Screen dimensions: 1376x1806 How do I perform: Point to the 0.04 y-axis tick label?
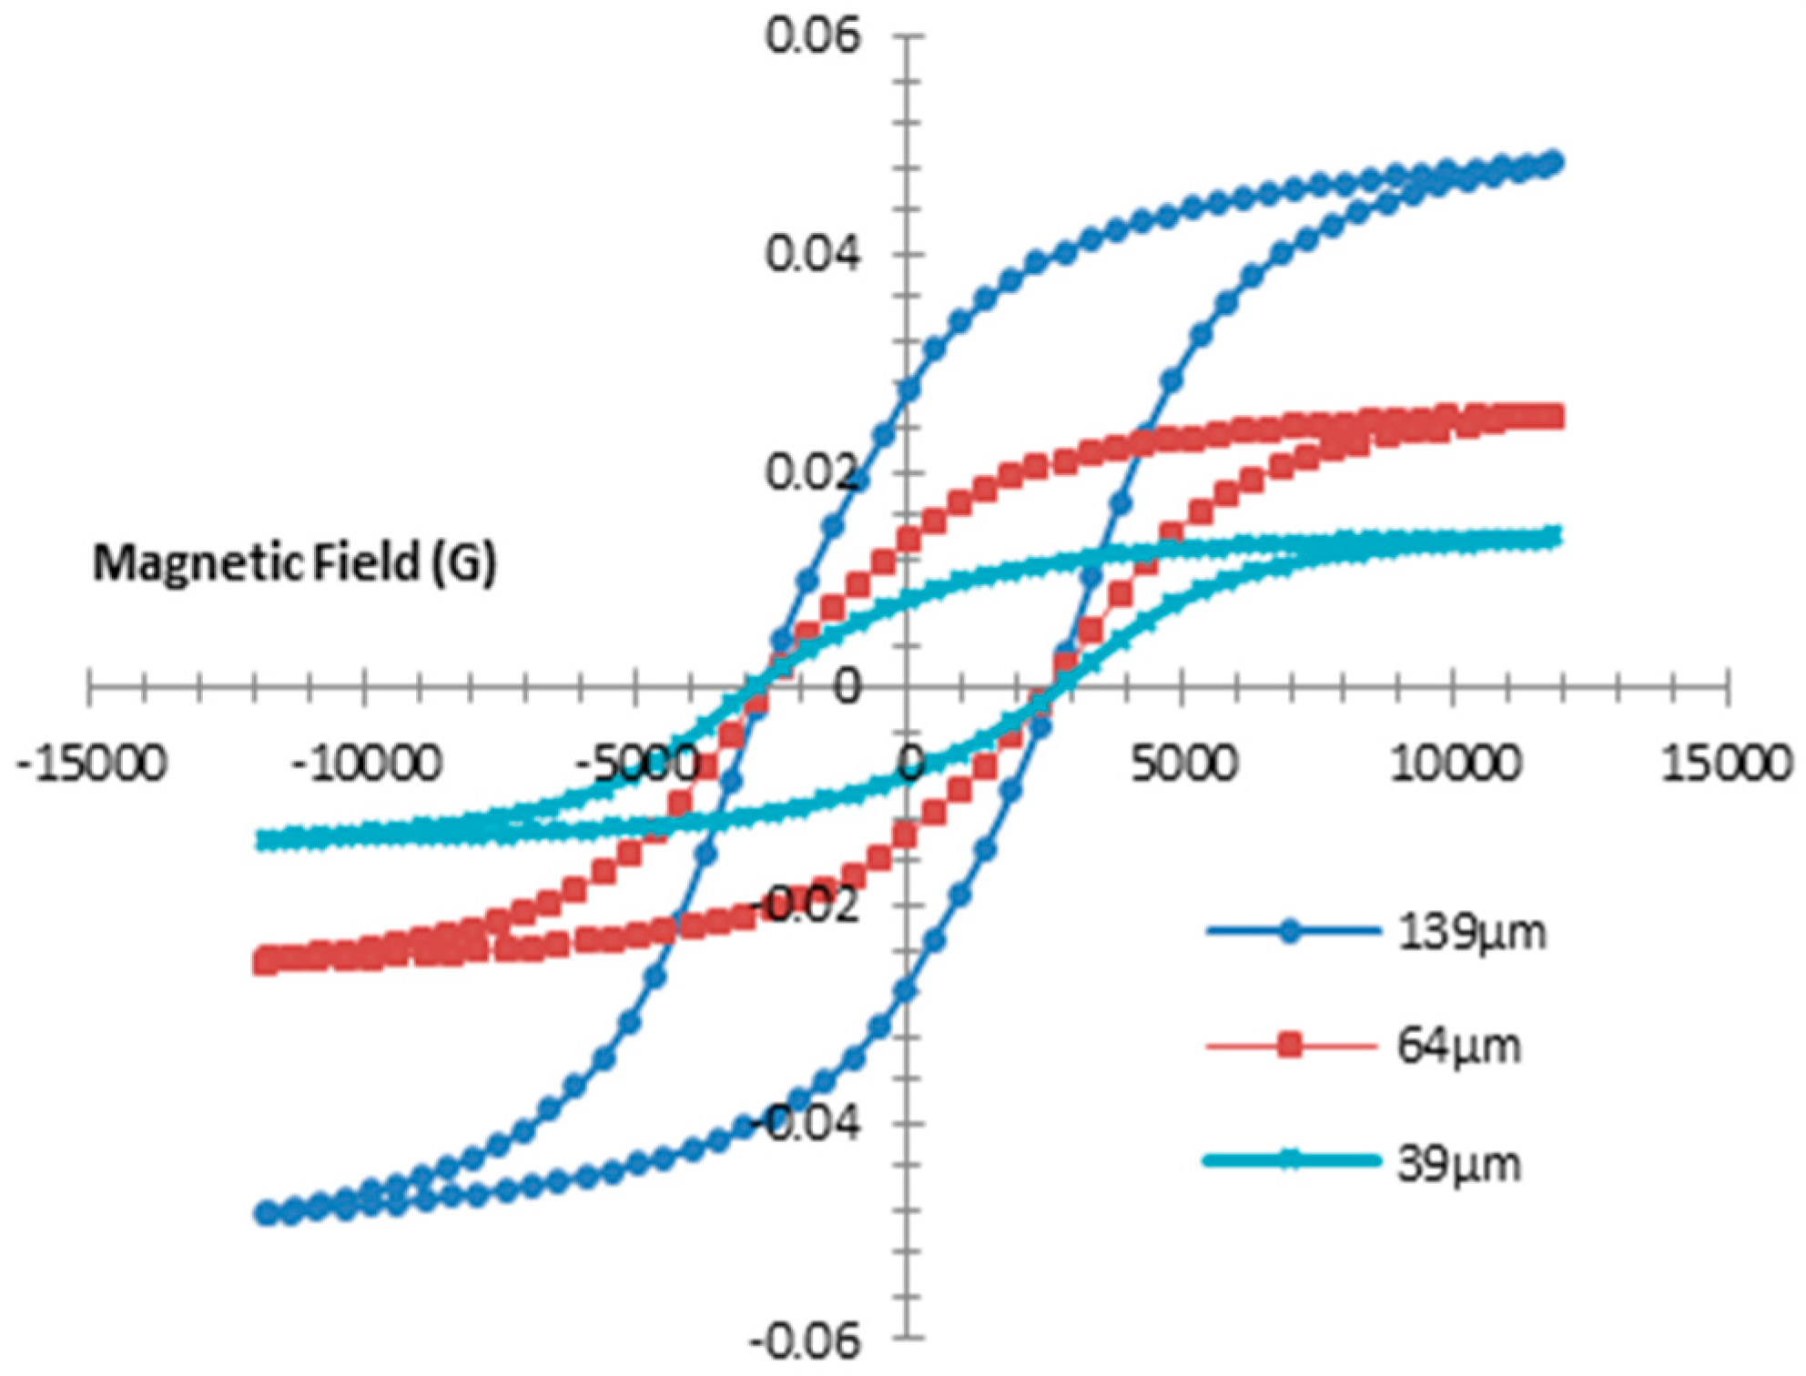click(x=812, y=254)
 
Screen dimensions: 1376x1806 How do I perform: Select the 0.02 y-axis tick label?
click(x=812, y=471)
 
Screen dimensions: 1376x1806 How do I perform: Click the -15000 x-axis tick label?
click(x=91, y=763)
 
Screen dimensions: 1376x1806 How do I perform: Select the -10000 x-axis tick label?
click(x=366, y=763)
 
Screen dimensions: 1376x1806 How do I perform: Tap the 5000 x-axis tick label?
click(x=1183, y=763)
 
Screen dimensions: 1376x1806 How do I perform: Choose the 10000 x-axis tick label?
click(x=1456, y=763)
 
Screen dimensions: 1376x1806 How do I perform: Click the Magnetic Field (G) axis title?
click(x=294, y=562)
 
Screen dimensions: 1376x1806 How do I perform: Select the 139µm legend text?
click(x=1471, y=932)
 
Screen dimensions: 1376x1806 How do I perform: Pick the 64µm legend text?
click(x=1458, y=1047)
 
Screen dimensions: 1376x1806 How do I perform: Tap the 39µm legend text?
click(x=1458, y=1163)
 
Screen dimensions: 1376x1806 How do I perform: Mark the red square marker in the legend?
click(x=1289, y=1046)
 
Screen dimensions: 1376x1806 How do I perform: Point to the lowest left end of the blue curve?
click(x=266, y=1213)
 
